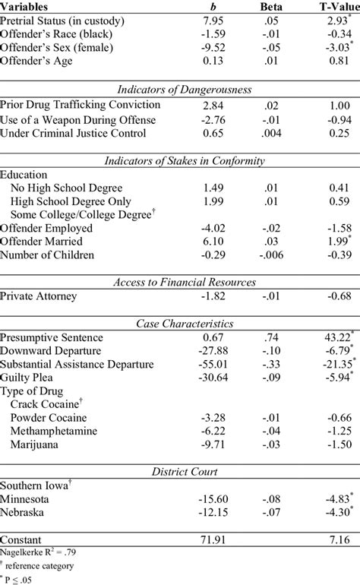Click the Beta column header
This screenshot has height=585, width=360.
pos(271,6)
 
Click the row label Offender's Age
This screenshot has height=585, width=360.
pos(37,62)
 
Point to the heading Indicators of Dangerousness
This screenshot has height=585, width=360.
pos(179,89)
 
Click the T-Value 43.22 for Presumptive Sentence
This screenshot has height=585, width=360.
pos(332,337)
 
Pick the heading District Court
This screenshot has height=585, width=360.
pos(179,474)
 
